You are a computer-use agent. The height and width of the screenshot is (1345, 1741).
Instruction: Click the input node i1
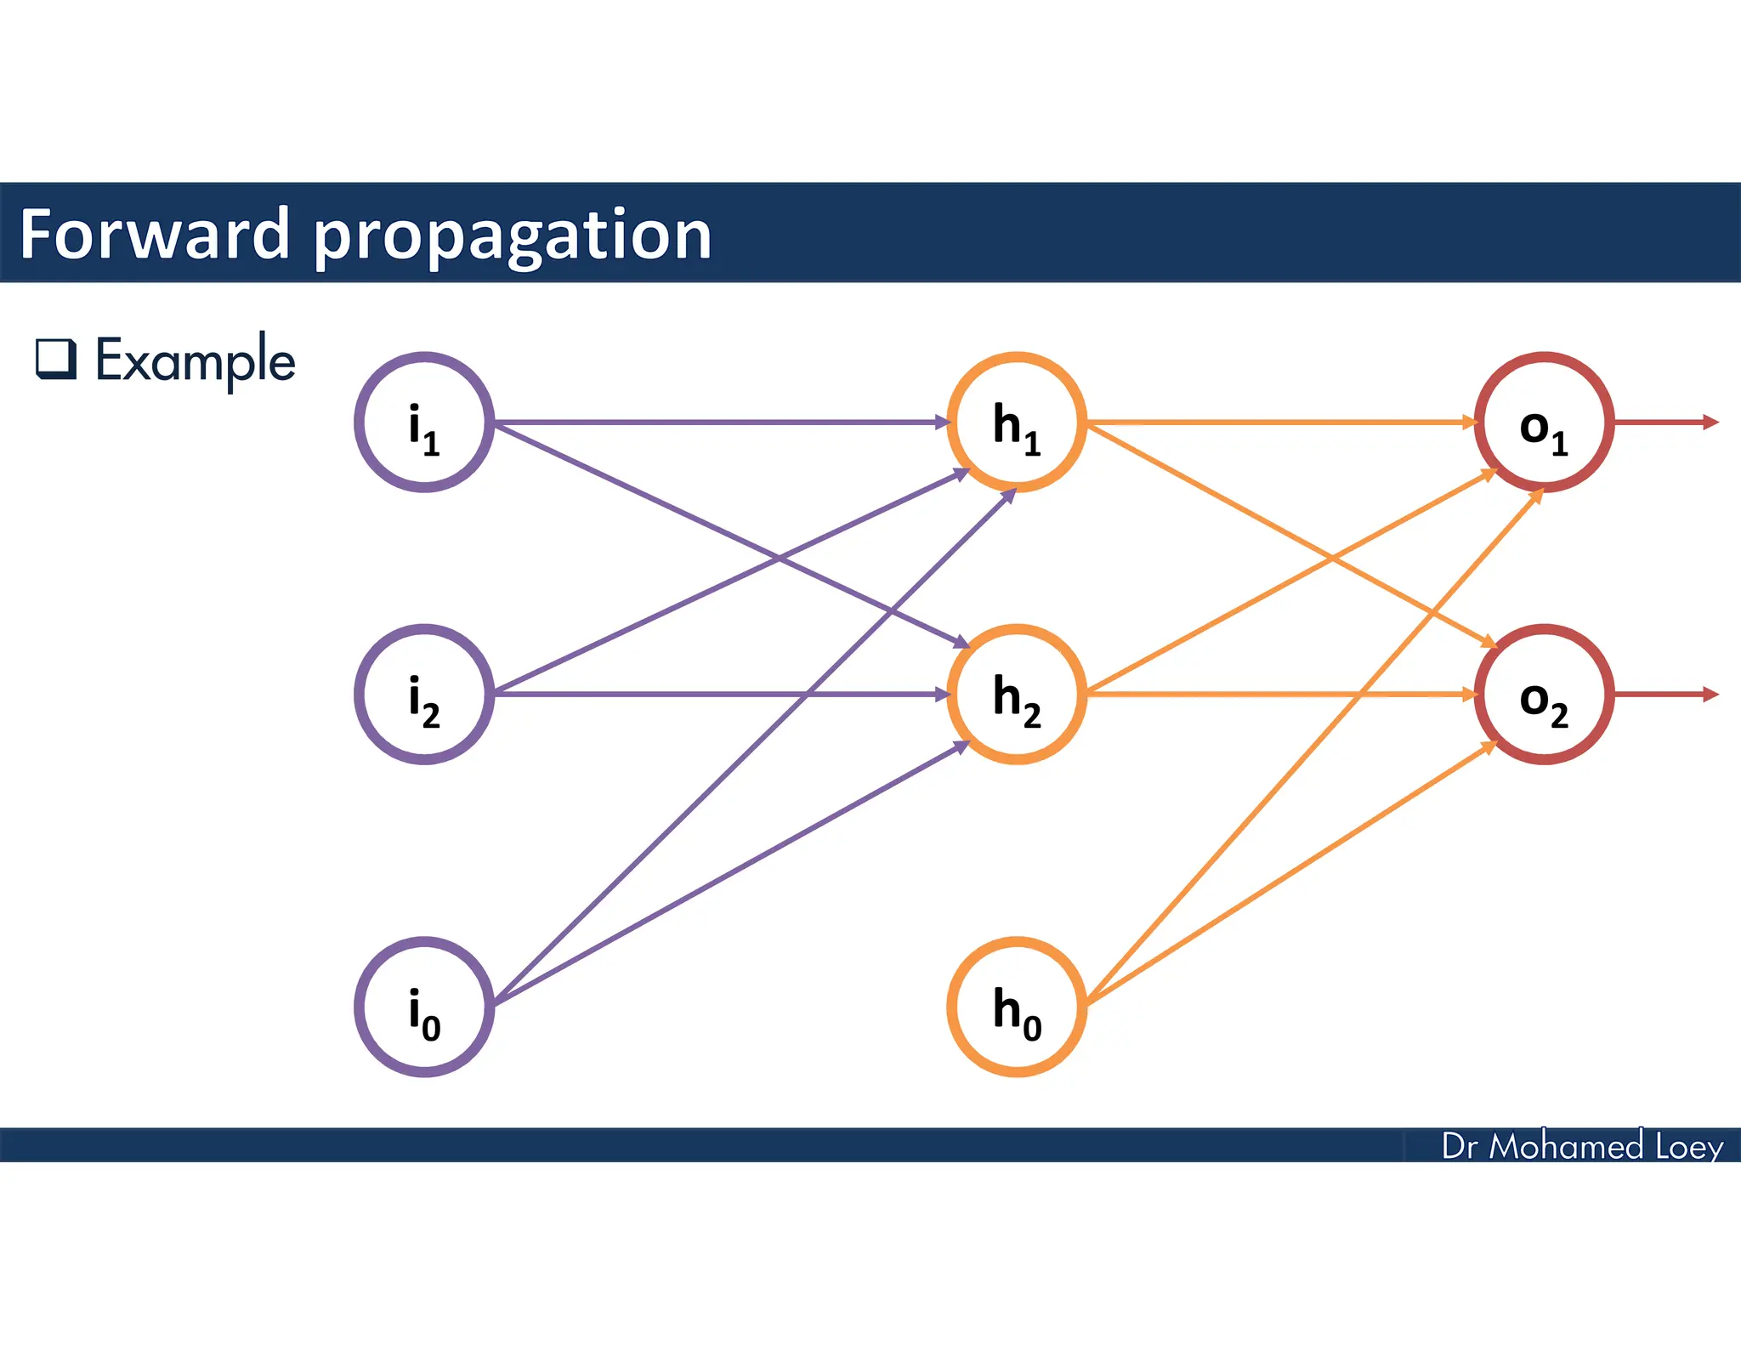pos(424,423)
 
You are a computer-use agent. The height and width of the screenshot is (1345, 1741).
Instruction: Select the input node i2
pos(424,695)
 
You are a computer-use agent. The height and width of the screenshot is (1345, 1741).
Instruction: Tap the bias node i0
pos(424,1007)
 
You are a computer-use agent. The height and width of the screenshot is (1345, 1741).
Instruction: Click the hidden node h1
pos(1017,423)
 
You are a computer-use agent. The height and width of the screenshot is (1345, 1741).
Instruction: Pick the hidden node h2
pos(1017,695)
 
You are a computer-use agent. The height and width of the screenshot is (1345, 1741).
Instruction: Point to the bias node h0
pos(1017,1007)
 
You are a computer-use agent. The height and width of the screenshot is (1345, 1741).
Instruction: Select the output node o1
pos(1544,423)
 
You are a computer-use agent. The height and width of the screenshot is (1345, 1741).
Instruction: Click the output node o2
pos(1544,695)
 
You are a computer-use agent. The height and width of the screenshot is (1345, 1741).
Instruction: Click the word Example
pos(195,360)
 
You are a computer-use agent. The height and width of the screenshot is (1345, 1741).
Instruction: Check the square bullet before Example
pos(56,359)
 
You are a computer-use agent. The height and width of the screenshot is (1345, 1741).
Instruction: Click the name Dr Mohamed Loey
pos(1582,1146)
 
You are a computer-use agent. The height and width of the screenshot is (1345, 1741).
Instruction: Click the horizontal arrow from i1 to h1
pos(723,423)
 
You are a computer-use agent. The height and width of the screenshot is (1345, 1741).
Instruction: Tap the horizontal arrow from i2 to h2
pos(723,695)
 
